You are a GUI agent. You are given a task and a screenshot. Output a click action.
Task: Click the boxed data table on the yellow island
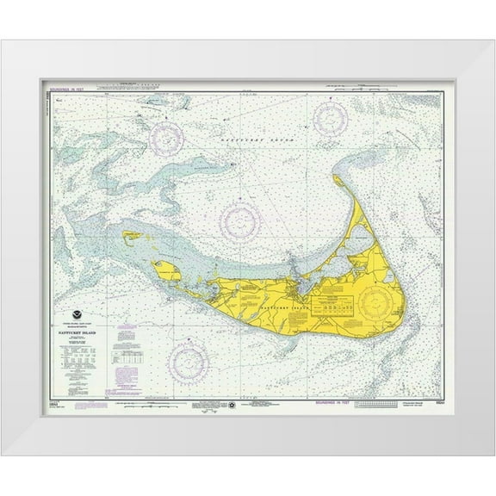point(336,305)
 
